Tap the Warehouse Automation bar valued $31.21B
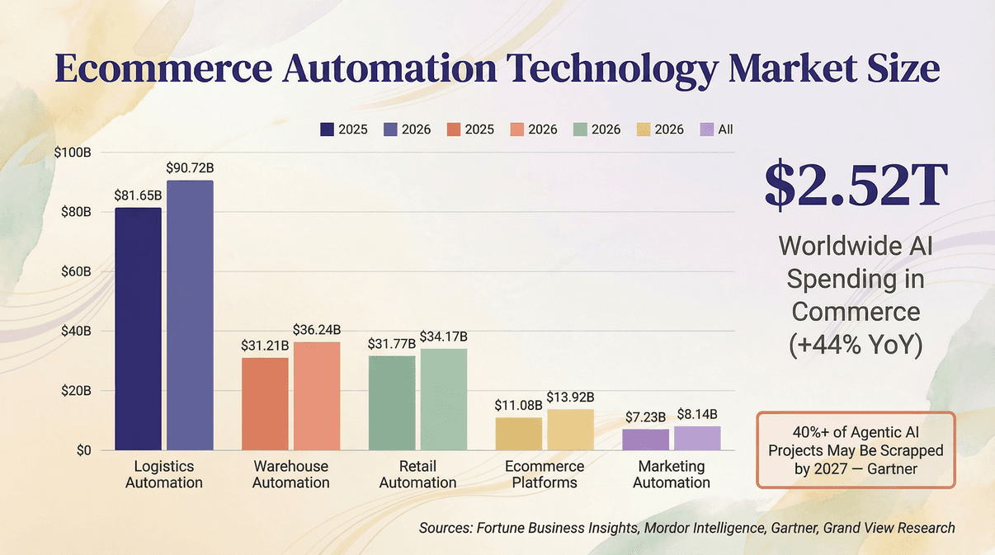(x=265, y=403)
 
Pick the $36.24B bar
(x=317, y=396)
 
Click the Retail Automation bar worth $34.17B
(x=443, y=399)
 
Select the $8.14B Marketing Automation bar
(x=697, y=438)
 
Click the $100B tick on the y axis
(x=72, y=153)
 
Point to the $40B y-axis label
(x=74, y=332)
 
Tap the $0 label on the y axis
(x=83, y=450)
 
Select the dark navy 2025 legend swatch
(x=327, y=129)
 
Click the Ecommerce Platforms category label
(x=545, y=474)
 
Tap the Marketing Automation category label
(x=672, y=474)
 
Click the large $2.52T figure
(x=854, y=186)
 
